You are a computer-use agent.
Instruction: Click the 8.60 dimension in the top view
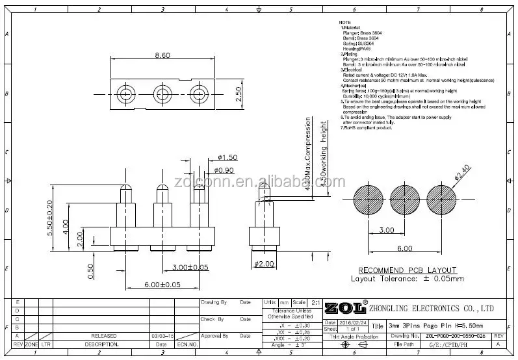tap(162, 57)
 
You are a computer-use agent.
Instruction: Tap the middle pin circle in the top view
tap(161, 94)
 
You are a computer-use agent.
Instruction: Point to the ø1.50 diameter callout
tap(228, 158)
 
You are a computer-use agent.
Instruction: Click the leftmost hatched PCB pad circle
tap(370, 202)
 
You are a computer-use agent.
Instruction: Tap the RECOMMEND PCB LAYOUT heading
tap(408, 270)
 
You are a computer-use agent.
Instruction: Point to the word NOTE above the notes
tap(344, 23)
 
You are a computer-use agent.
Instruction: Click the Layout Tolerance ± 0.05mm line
tap(408, 279)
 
